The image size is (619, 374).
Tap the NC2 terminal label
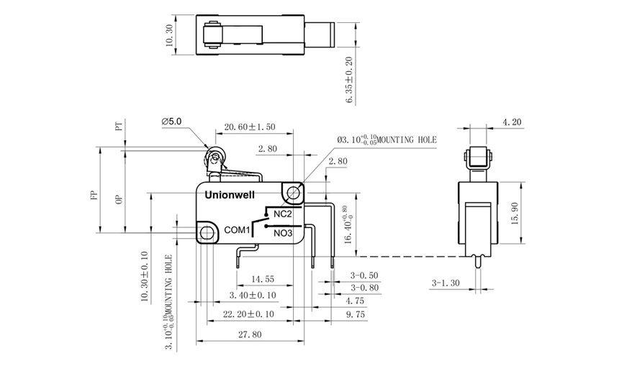point(282,214)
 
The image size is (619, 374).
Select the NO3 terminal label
point(282,232)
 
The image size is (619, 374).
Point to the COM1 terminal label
point(236,230)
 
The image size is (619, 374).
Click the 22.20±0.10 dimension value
point(248,315)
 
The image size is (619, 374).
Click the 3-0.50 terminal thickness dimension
point(363,275)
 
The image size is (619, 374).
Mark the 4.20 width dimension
point(512,122)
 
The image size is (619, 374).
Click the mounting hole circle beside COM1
point(208,232)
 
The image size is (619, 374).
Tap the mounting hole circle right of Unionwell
point(293,192)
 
